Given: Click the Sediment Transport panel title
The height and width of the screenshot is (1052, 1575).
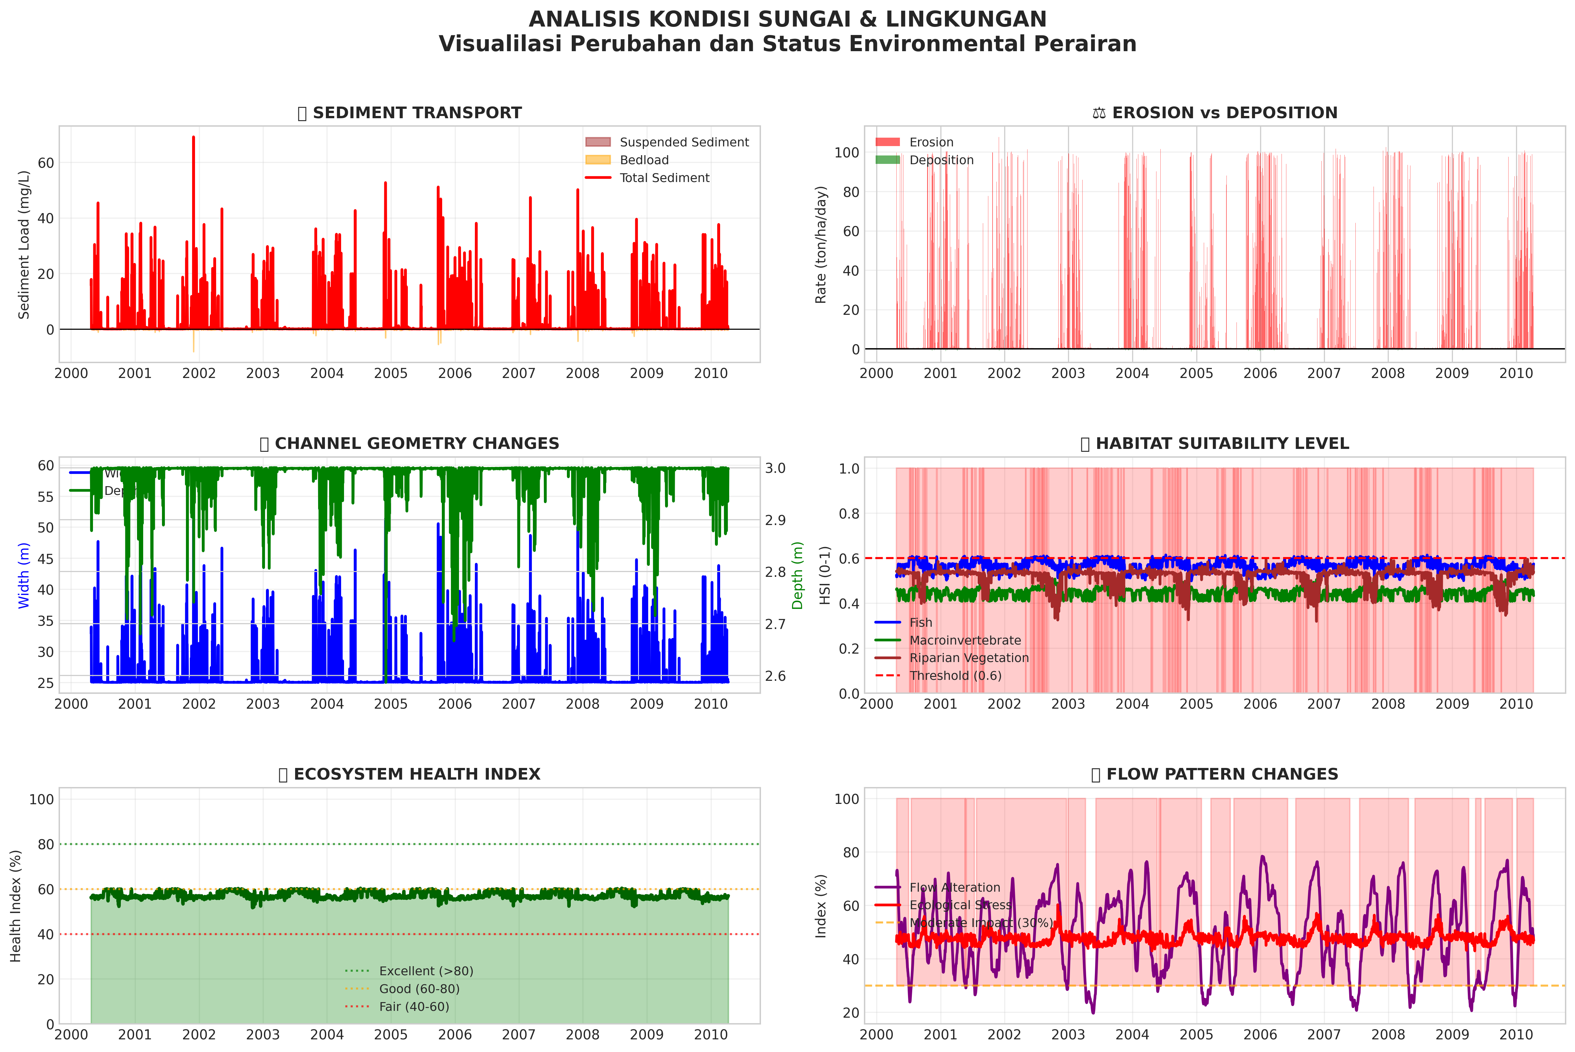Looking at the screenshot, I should (x=409, y=113).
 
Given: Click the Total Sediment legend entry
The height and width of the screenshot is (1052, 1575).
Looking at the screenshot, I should (x=664, y=178).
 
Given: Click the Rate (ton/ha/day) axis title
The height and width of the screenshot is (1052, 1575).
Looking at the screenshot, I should (x=821, y=245).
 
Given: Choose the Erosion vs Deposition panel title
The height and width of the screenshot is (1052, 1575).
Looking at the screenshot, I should (x=1215, y=113).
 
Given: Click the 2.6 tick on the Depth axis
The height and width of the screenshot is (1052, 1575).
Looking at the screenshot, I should (x=775, y=676).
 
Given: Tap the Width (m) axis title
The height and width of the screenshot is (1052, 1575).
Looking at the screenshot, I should (x=24, y=576).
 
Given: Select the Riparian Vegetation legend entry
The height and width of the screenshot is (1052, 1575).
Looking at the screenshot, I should (x=968, y=658).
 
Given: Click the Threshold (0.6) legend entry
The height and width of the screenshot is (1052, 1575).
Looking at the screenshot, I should (x=955, y=676).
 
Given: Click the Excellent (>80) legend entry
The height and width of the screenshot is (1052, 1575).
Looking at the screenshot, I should (x=425, y=971).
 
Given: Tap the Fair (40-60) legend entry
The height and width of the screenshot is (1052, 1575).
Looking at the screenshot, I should (x=413, y=1006).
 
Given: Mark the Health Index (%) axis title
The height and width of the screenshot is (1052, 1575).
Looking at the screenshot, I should (x=16, y=906).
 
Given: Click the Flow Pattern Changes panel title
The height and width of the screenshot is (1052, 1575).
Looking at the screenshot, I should (x=1215, y=774).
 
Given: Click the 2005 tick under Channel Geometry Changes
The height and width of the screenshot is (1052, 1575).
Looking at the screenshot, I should (x=391, y=704).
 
